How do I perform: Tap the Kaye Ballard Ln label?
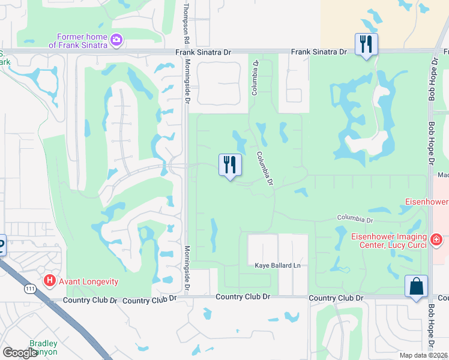(x=277, y=265)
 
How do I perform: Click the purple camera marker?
(x=116, y=40)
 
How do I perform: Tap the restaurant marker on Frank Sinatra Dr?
(x=366, y=44)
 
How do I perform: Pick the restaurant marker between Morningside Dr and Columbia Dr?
(x=229, y=165)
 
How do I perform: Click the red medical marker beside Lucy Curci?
(x=436, y=241)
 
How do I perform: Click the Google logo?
(x=20, y=353)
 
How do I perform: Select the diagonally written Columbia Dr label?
(x=265, y=167)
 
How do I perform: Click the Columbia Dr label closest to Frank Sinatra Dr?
(x=255, y=77)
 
